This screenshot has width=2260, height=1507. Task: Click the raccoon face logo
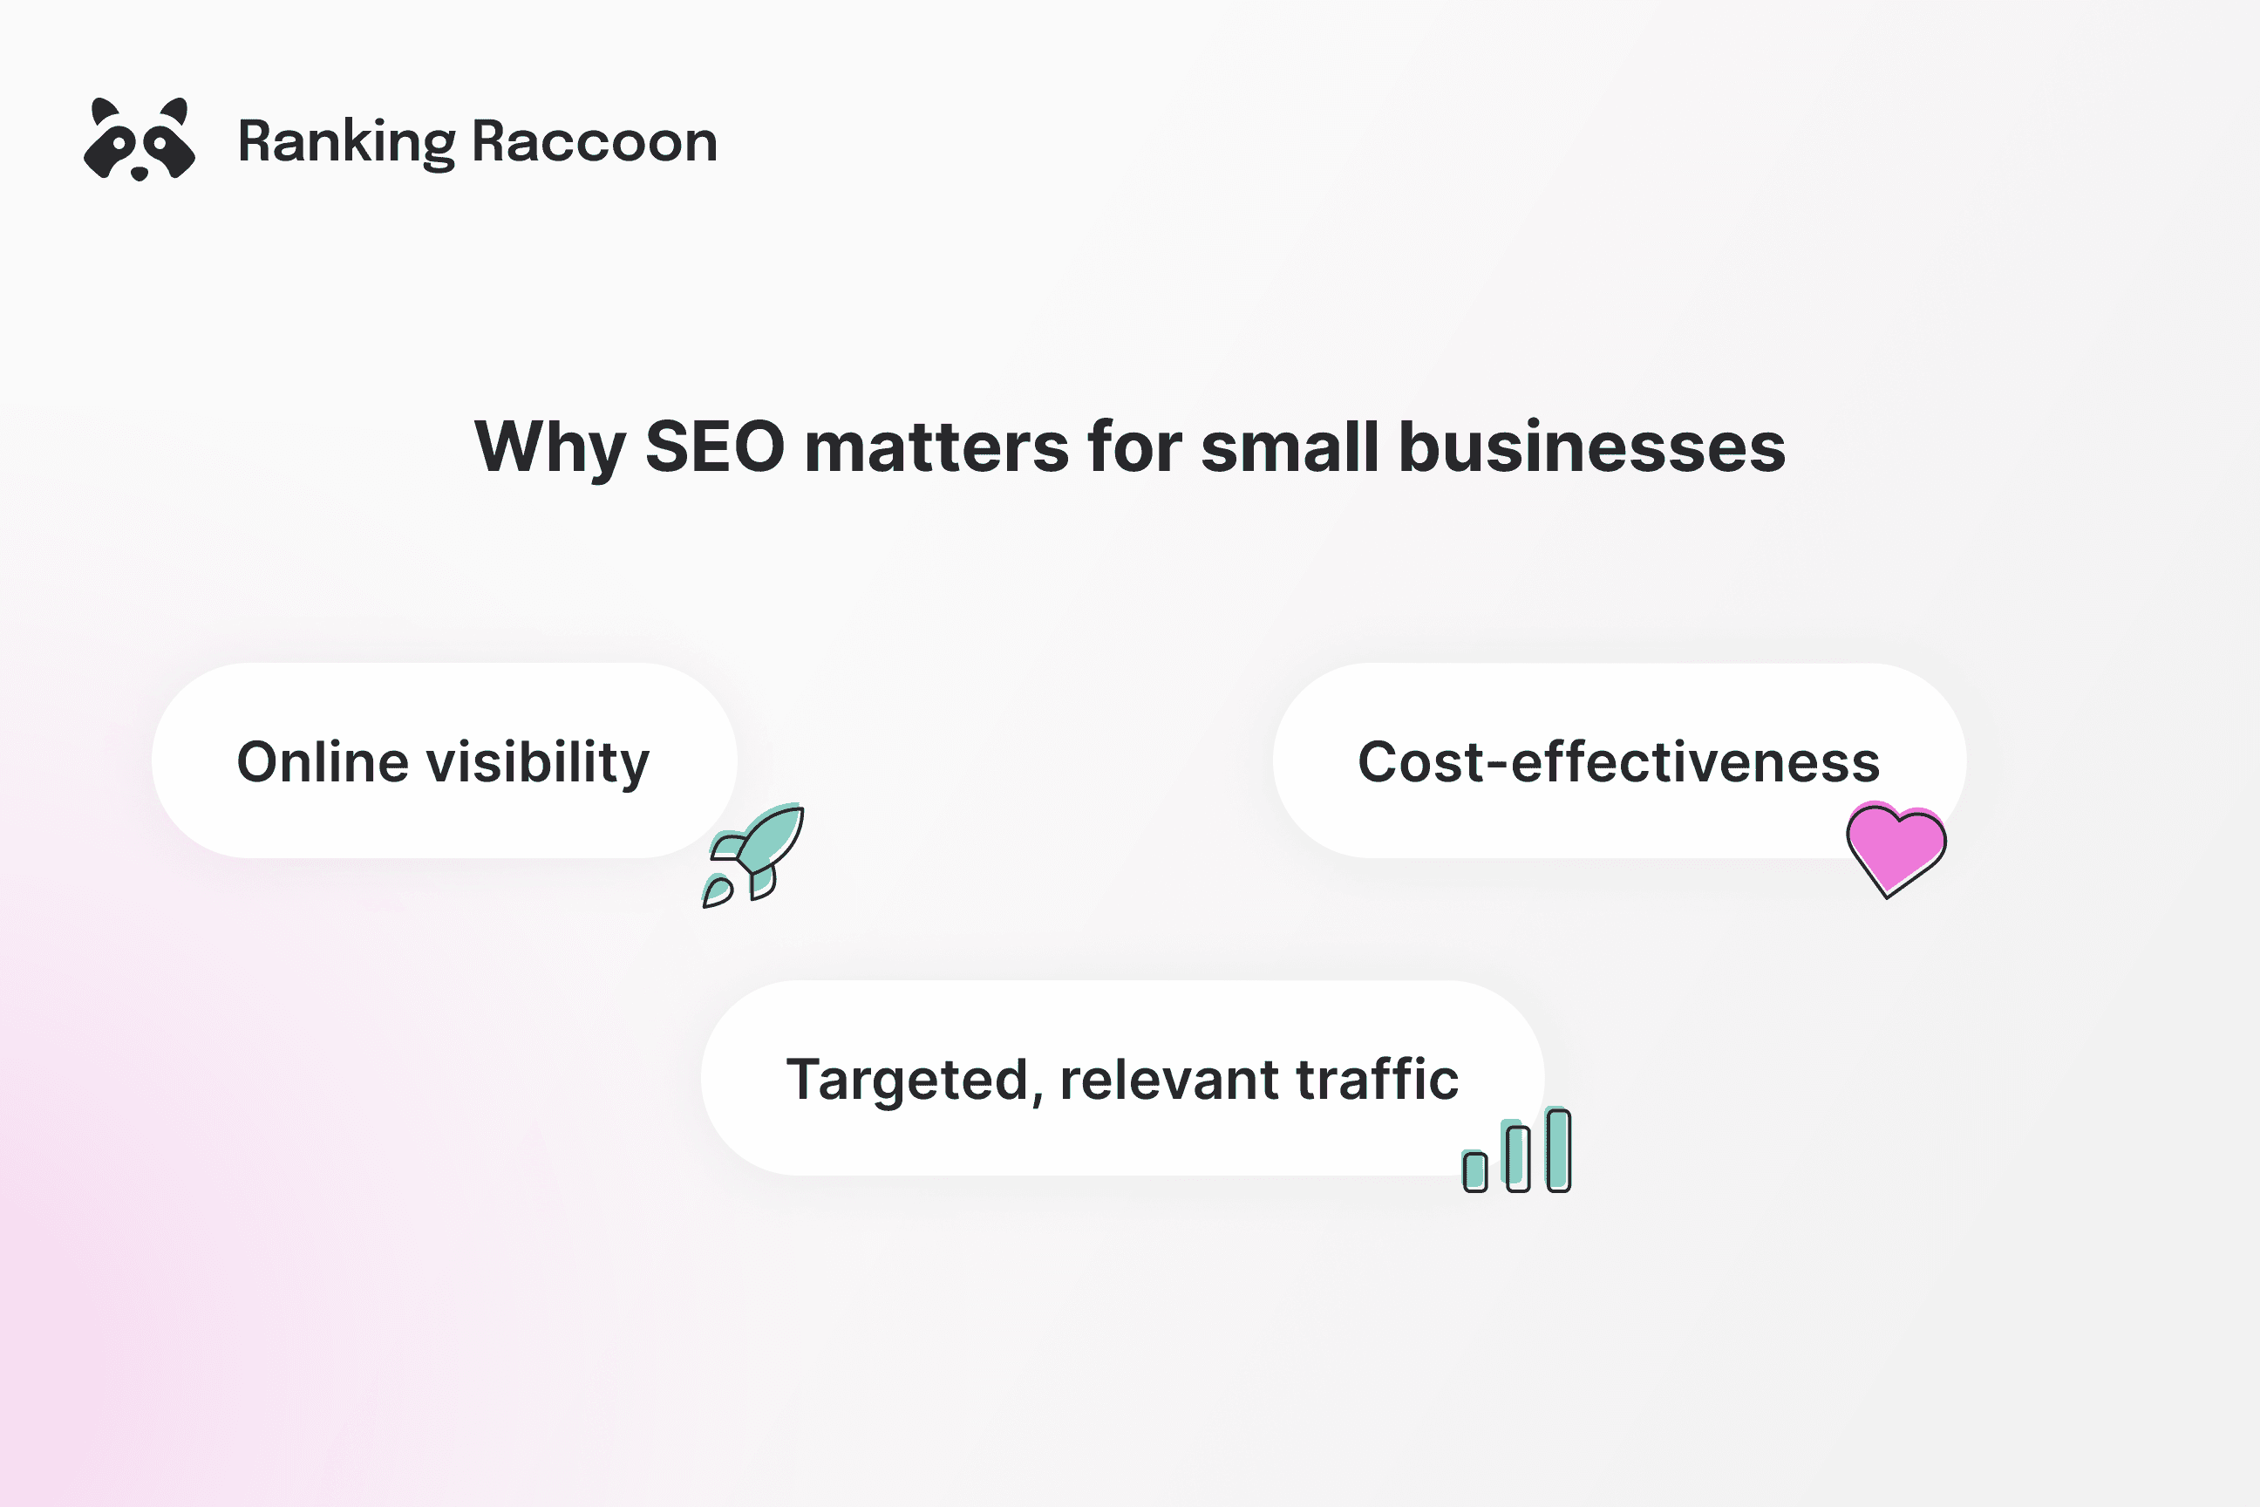[140, 140]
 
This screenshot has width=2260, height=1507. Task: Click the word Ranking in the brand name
[346, 142]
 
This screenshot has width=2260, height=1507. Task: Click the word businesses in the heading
[1591, 448]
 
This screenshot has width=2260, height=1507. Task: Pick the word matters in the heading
[936, 448]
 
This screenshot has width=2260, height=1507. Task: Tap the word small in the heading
[1290, 448]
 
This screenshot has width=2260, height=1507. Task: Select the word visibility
[538, 764]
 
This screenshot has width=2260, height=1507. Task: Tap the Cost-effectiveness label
[1618, 762]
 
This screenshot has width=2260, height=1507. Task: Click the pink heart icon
[1895, 846]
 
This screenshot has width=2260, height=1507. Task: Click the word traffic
[1377, 1080]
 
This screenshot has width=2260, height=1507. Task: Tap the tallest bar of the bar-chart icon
[1559, 1149]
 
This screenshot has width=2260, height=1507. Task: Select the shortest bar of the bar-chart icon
[1475, 1171]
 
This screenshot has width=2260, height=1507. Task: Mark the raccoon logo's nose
[140, 174]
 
